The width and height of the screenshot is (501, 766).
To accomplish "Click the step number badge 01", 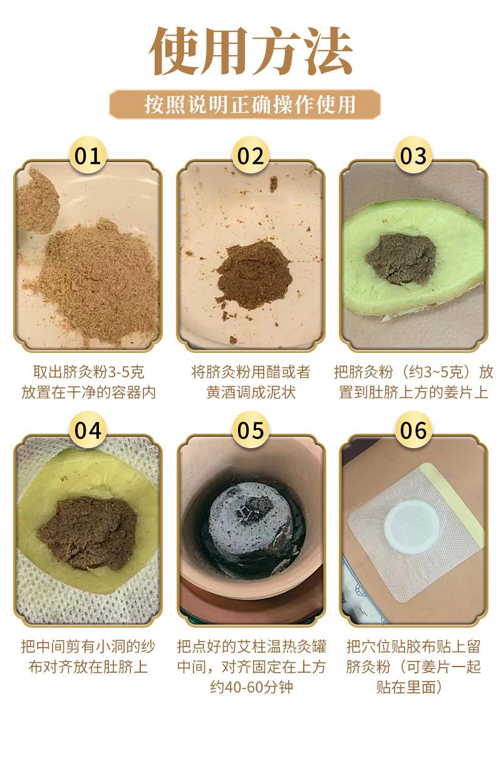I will [x=88, y=156].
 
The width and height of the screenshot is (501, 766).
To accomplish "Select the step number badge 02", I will [x=250, y=156].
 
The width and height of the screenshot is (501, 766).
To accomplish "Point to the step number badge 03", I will [x=413, y=156].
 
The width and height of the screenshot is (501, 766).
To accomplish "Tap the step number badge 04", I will [x=88, y=431].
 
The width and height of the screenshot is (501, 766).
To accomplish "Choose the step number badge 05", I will [x=250, y=431].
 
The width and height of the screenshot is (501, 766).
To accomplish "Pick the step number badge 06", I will [x=413, y=431].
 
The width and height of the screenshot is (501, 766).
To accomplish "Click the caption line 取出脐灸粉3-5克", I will [x=88, y=373].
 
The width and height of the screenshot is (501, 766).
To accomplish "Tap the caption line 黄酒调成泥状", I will [x=250, y=393].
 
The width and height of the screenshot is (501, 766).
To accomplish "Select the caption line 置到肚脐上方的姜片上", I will [x=413, y=393].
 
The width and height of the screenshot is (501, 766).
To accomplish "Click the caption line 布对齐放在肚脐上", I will [x=88, y=666].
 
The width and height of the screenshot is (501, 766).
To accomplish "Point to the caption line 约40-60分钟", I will [x=250, y=687].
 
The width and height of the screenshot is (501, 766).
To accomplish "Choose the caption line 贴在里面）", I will [x=413, y=687].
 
